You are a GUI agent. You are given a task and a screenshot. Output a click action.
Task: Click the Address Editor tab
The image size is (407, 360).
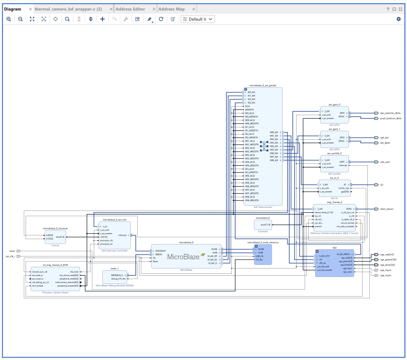[x=130, y=9]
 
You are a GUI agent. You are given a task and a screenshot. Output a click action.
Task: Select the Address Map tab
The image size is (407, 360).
[x=171, y=9]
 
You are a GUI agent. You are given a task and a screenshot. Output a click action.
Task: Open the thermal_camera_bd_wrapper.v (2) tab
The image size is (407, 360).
[x=68, y=9]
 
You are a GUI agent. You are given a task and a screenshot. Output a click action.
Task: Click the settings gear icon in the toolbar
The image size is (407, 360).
[x=399, y=19]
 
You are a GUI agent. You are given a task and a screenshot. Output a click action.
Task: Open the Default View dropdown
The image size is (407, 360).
[x=197, y=19]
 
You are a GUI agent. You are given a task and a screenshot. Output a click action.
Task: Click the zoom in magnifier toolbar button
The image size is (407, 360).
[x=9, y=19]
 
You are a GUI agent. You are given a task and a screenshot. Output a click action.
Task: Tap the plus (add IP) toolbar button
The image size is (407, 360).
[x=102, y=19]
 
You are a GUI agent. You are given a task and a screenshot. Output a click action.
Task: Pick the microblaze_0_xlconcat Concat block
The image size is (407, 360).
[x=55, y=237]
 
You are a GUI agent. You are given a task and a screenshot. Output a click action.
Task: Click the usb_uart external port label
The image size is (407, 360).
[x=385, y=162]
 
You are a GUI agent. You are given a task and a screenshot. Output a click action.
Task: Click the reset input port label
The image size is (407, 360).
[x=12, y=251]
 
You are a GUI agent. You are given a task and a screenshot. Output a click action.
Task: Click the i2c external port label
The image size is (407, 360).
[x=382, y=185]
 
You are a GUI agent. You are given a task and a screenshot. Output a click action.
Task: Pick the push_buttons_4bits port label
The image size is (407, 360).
[x=390, y=118]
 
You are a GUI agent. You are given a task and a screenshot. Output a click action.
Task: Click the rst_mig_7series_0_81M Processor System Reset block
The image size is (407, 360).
[x=55, y=279]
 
